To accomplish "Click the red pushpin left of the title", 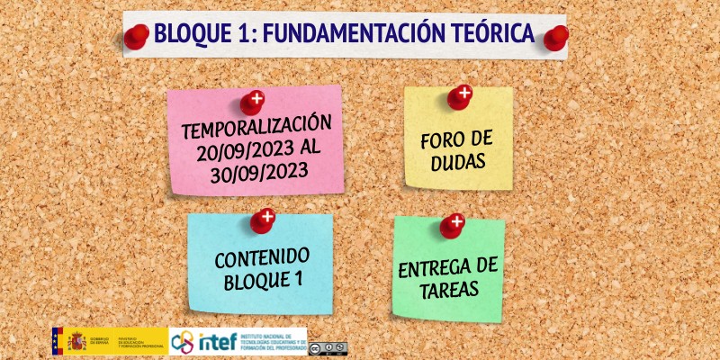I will tap(137, 37).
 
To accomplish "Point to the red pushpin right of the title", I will tap(556, 38).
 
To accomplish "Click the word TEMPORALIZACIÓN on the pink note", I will tap(256, 125).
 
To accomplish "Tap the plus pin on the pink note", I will tap(253, 102).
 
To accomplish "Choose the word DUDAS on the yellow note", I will tap(458, 163).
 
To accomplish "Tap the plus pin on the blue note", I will tap(263, 220).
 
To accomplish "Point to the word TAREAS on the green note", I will tap(448, 292).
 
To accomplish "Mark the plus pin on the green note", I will tap(453, 225).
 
